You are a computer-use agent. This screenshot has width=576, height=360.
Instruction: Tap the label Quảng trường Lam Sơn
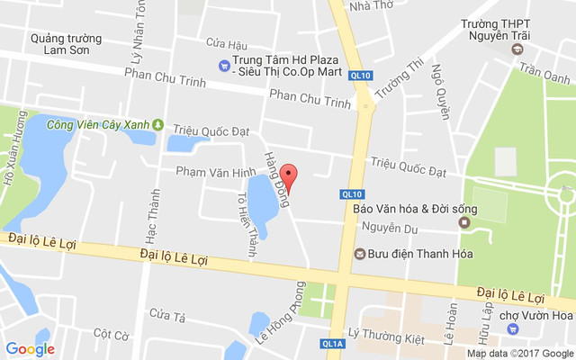[x=66, y=44]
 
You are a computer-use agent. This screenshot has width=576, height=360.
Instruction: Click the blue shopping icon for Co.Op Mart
[x=224, y=64]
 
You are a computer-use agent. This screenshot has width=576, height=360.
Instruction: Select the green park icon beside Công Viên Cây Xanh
[x=158, y=125]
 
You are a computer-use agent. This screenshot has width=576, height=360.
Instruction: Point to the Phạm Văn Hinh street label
[x=203, y=171]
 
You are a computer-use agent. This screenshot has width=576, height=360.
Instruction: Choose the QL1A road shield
[x=333, y=344]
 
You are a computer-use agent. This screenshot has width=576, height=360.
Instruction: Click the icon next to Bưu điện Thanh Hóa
[x=360, y=254]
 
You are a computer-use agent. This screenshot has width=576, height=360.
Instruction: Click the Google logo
[x=30, y=348]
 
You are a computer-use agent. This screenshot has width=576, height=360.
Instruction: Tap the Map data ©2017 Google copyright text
[x=519, y=354]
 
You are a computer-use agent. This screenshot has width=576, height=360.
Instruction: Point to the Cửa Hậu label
[x=226, y=43]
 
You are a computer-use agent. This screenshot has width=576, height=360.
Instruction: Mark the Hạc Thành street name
[x=155, y=215]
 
